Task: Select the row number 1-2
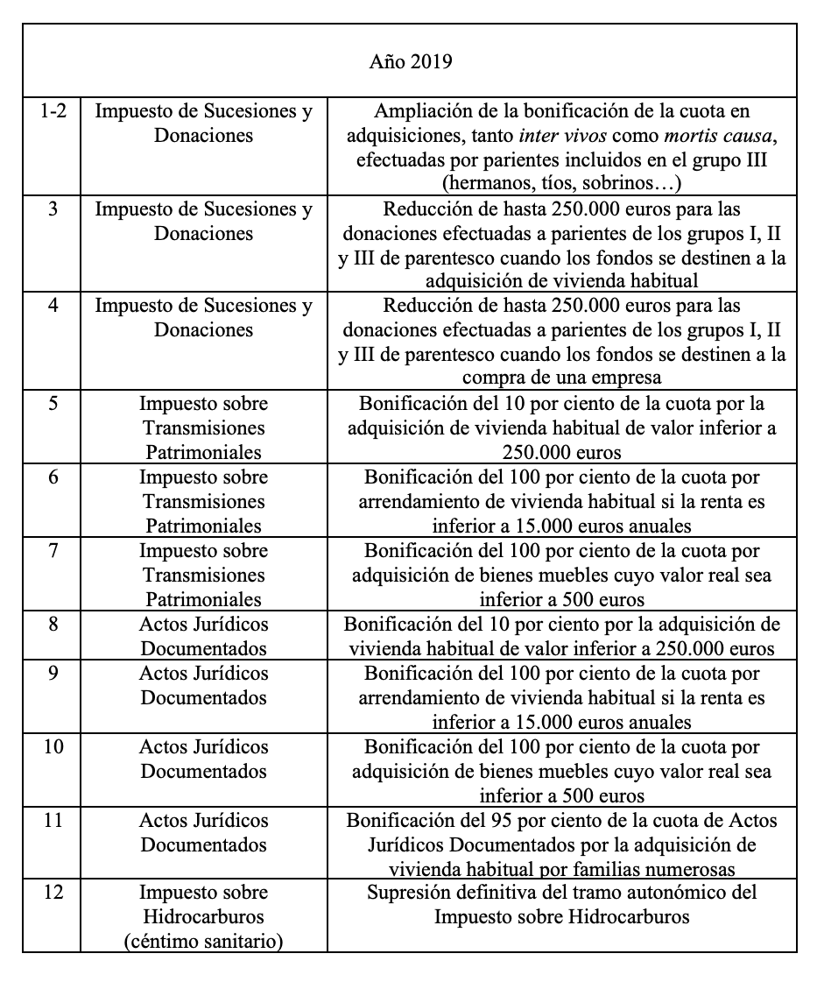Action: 51,112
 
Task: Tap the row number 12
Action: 51,893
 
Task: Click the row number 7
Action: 51,551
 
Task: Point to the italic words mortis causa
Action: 710,137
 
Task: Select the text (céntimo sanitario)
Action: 203,942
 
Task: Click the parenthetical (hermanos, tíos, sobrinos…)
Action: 561,184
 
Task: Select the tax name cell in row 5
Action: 203,428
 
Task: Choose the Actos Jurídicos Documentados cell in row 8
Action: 203,637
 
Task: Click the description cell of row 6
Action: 561,502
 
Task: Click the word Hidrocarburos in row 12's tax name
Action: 203,917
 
